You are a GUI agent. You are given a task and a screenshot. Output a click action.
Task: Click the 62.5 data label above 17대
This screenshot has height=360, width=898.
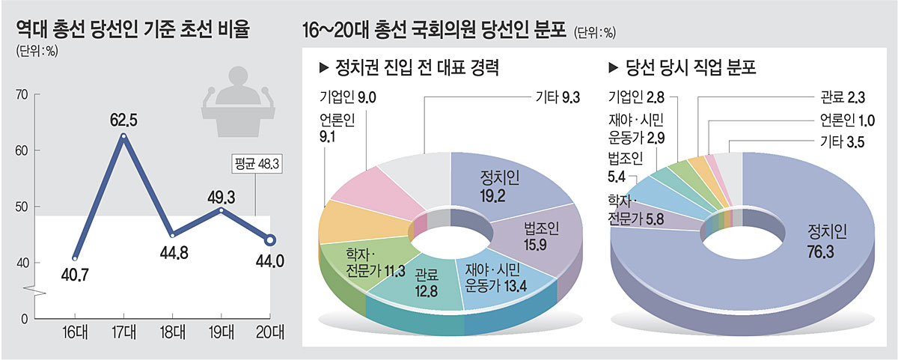(x=123, y=119)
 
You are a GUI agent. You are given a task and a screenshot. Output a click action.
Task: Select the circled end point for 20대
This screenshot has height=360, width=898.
(x=270, y=240)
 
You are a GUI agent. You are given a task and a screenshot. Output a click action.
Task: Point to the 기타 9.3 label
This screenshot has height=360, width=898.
(x=558, y=97)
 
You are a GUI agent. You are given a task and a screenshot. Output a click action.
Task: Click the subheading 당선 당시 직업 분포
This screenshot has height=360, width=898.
(x=683, y=68)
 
